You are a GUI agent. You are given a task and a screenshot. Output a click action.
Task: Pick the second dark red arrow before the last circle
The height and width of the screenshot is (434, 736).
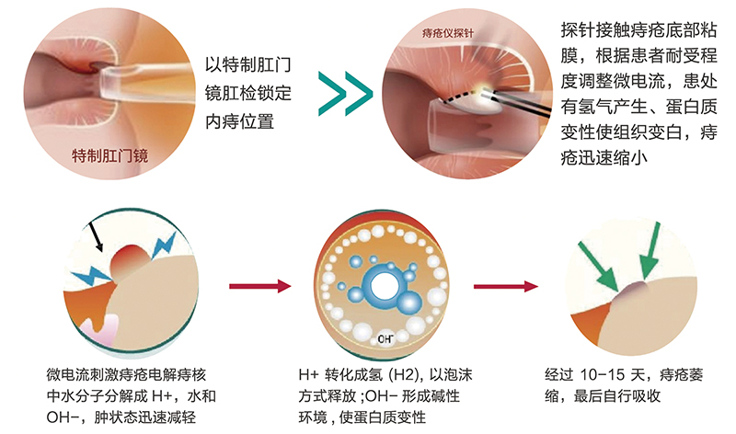pos(506,286)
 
